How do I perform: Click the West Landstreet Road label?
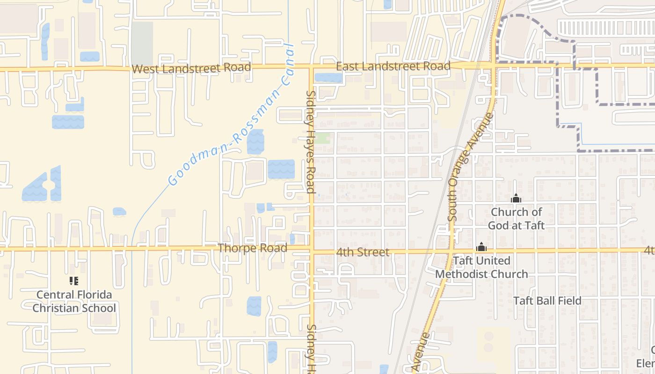191,68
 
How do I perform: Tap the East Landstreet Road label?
393,66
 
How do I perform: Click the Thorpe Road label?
252,248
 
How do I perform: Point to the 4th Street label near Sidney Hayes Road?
363,252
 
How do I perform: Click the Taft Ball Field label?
547,301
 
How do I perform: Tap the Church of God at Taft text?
516,219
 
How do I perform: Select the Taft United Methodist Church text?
481,267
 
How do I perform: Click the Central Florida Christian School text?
74,302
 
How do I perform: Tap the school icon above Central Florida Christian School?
73,281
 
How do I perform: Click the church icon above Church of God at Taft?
516,199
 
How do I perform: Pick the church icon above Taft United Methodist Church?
481,247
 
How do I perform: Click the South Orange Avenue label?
471,167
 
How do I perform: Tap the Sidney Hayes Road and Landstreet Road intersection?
311,67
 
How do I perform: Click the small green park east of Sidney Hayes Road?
322,138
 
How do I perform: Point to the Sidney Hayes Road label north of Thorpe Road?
310,142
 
